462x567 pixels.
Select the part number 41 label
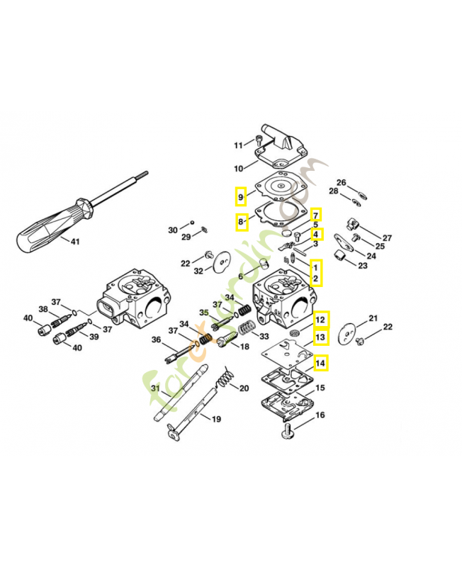75,242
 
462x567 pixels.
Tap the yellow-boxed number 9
241,196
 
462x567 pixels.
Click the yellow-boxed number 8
241,223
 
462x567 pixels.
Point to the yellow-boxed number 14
320,363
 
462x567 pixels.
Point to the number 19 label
215,419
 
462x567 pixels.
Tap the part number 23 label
362,266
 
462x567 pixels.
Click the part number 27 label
387,237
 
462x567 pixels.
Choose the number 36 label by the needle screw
157,341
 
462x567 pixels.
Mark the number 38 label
43,310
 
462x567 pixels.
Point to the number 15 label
320,388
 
